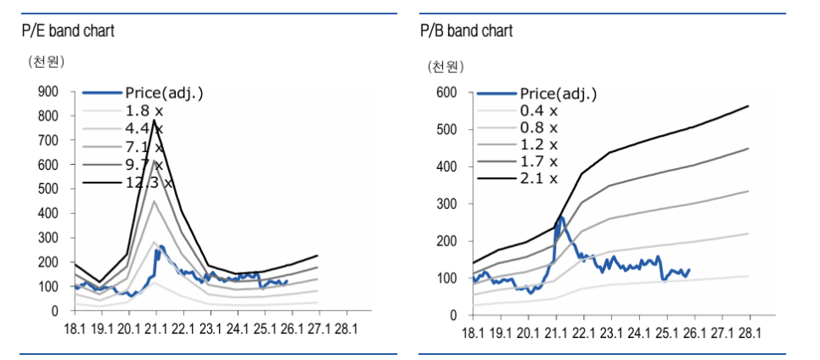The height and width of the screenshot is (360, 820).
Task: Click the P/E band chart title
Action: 68,31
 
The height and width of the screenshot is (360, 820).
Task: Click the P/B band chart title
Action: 466,31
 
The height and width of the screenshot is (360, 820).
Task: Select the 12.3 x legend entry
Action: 149,182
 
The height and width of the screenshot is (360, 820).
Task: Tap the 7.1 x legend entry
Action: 145,146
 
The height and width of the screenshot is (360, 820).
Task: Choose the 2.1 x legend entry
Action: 539,178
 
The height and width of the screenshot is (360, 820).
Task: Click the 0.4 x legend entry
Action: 539,110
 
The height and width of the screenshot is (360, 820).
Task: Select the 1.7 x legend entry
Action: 539,161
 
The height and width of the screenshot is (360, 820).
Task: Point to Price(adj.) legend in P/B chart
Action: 559,93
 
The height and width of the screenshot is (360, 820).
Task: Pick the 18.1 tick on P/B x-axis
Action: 474,332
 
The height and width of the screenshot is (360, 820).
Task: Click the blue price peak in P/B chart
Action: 561,217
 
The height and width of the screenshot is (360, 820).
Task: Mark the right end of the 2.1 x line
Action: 748,106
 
